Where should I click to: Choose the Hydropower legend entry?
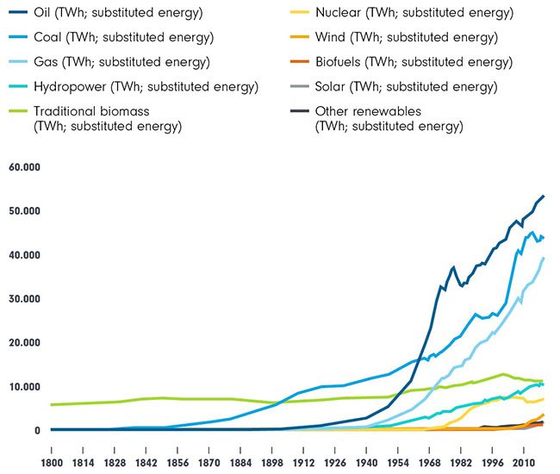point(146,86)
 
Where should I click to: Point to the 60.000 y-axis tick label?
point(27,167)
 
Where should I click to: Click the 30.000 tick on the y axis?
point(27,299)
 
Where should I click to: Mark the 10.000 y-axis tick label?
point(27,387)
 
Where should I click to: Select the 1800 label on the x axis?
point(52,451)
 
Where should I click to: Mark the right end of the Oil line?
point(544,196)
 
